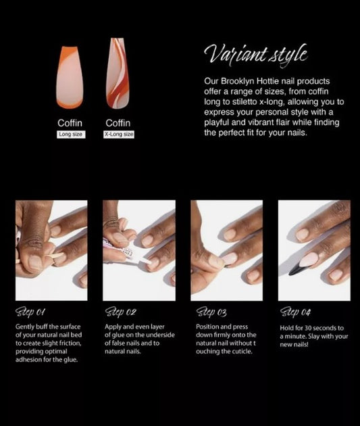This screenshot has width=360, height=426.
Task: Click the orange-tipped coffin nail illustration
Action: pyautogui.click(x=70, y=78)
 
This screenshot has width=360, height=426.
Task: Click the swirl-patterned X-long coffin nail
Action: pyautogui.click(x=118, y=73)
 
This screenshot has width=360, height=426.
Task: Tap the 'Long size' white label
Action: pyautogui.click(x=71, y=135)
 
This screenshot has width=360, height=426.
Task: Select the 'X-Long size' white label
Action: pyautogui.click(x=119, y=135)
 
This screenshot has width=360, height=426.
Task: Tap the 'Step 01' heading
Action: pyautogui.click(x=30, y=312)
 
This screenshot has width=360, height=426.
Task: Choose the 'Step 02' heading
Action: pyautogui.click(x=120, y=312)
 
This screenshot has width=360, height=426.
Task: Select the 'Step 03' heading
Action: pyautogui.click(x=211, y=312)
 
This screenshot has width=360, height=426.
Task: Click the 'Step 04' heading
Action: pyautogui.click(x=295, y=312)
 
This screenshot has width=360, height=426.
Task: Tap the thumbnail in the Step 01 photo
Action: pyautogui.click(x=34, y=262)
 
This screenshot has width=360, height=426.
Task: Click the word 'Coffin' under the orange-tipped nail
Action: pyautogui.click(x=70, y=123)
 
